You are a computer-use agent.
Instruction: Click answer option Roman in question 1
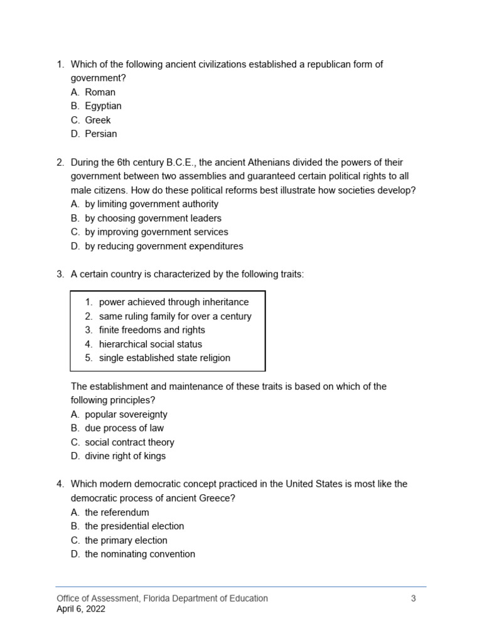click(100, 92)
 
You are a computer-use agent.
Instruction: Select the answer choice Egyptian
click(103, 106)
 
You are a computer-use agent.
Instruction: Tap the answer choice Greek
click(97, 120)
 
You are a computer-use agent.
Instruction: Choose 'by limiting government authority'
click(151, 204)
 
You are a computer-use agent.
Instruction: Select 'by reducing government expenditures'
click(164, 246)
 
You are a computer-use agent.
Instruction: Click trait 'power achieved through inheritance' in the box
click(173, 302)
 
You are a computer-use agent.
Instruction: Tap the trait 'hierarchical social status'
click(150, 344)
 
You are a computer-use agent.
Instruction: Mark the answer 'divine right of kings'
click(125, 456)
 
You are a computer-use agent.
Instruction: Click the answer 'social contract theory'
click(129, 442)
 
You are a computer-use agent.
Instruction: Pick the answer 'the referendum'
click(117, 512)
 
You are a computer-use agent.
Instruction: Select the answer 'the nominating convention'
click(139, 554)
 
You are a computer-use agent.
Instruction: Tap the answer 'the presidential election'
click(134, 526)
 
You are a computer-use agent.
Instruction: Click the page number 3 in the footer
click(413, 598)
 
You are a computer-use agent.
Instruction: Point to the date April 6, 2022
click(81, 608)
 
